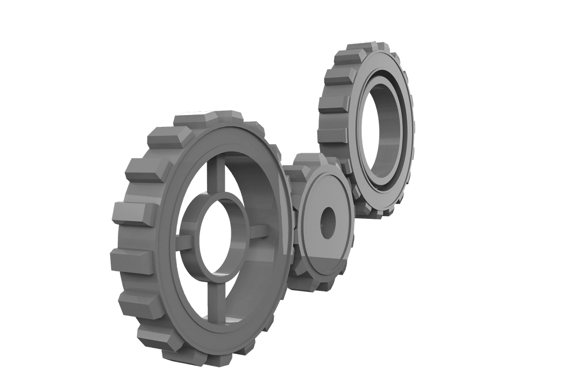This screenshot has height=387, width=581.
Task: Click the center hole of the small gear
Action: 328,223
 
